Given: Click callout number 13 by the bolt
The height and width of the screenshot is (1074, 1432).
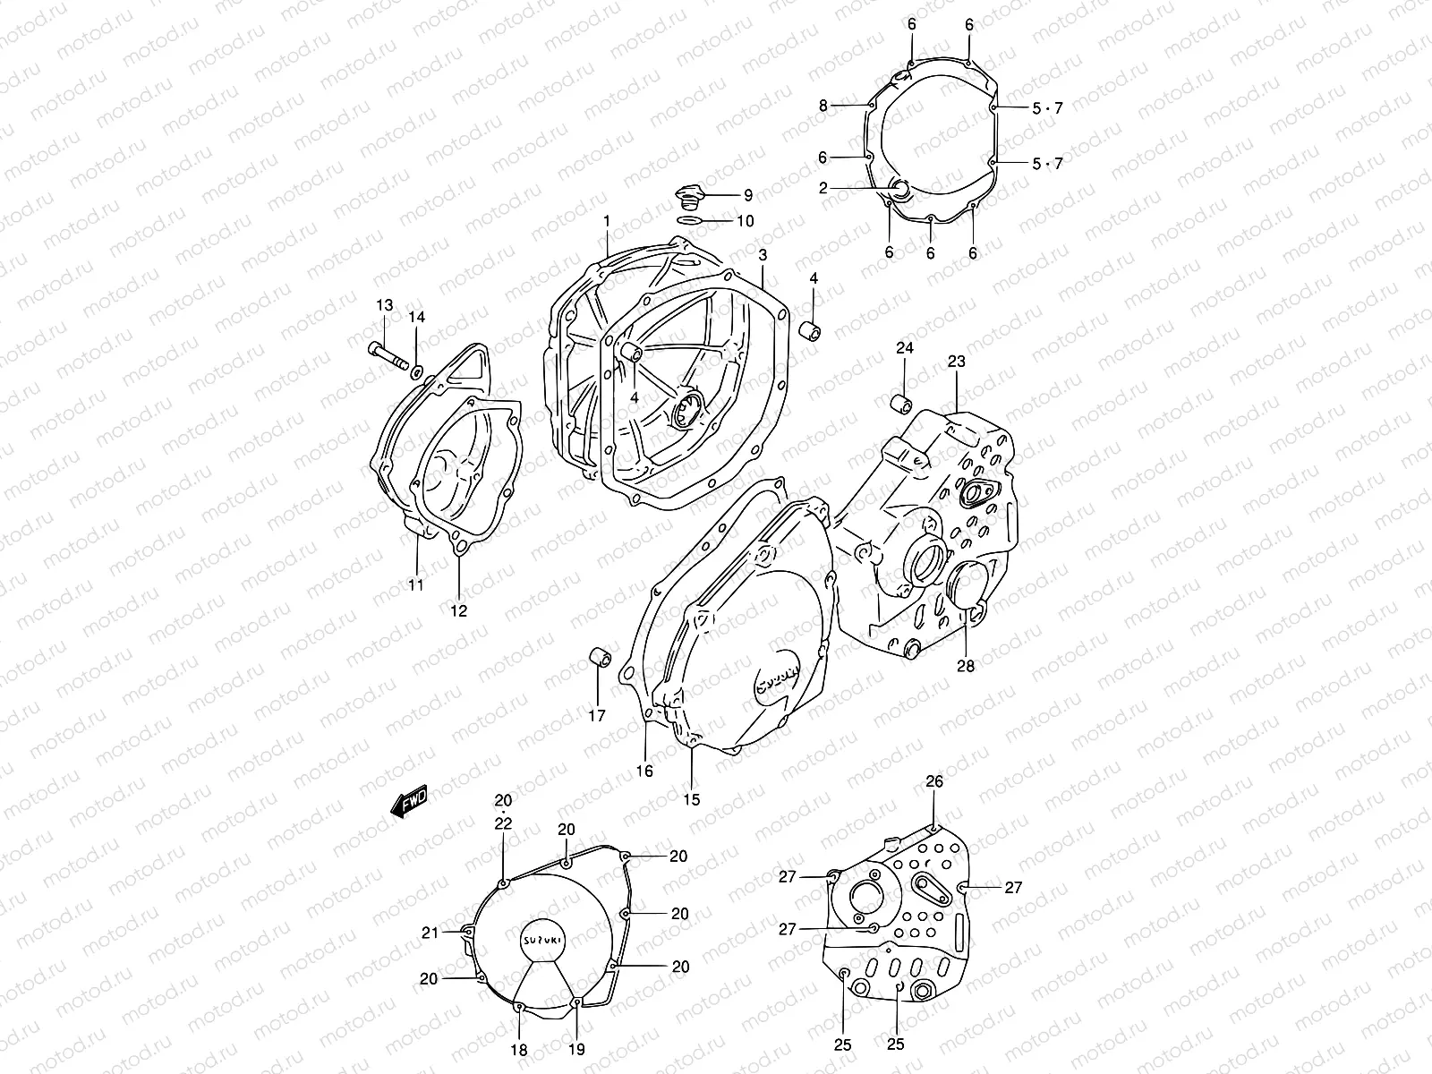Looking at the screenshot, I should [384, 306].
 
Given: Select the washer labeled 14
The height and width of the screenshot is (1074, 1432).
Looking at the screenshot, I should [417, 367].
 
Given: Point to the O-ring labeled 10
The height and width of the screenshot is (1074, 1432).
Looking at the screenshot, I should [689, 220].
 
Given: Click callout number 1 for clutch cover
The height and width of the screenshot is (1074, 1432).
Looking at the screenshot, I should [606, 220].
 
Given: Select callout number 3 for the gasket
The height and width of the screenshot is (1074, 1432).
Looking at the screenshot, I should [762, 255].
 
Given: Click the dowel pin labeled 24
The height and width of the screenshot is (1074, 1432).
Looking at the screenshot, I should [900, 402].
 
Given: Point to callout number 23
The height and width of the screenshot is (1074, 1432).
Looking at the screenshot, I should [956, 362].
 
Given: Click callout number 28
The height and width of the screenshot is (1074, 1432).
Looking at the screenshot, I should [966, 666].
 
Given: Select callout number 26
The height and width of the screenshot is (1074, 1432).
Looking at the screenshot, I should [933, 782].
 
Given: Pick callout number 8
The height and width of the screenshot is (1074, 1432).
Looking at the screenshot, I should [823, 106].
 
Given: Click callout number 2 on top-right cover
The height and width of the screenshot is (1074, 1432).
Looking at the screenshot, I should [823, 188].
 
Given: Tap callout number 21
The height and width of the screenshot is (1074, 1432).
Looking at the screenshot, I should [430, 933].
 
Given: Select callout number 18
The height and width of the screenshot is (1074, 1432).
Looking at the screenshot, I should [519, 1050].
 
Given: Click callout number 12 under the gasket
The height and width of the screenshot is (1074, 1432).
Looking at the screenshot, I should [458, 612].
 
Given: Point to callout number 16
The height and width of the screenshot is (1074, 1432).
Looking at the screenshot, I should [644, 771].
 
